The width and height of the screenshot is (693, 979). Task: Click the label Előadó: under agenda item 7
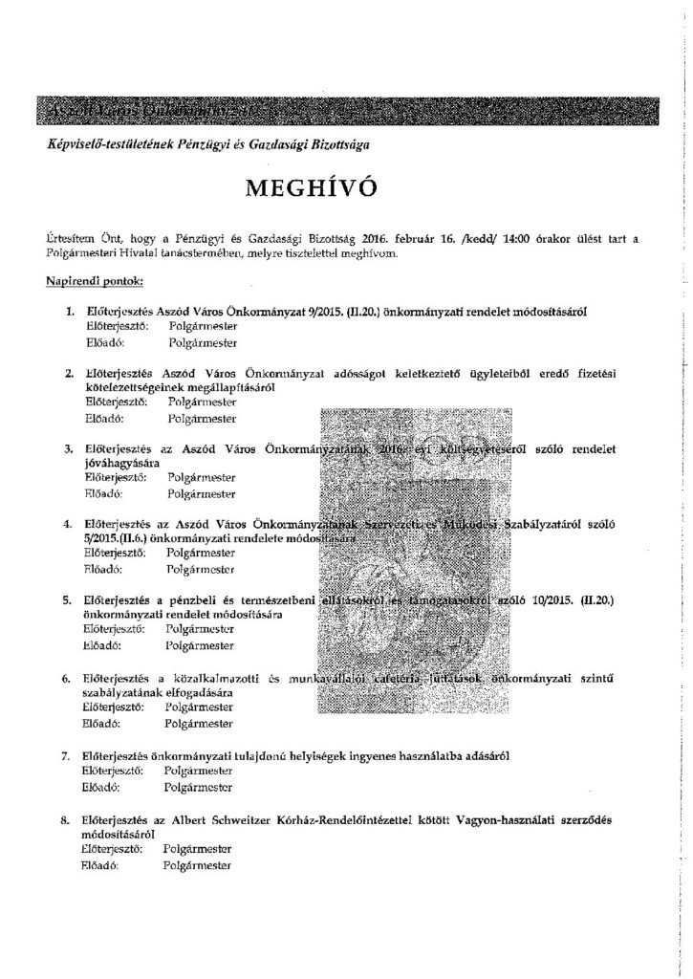[x=99, y=789]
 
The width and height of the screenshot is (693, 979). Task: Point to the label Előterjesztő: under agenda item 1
[x=113, y=326]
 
